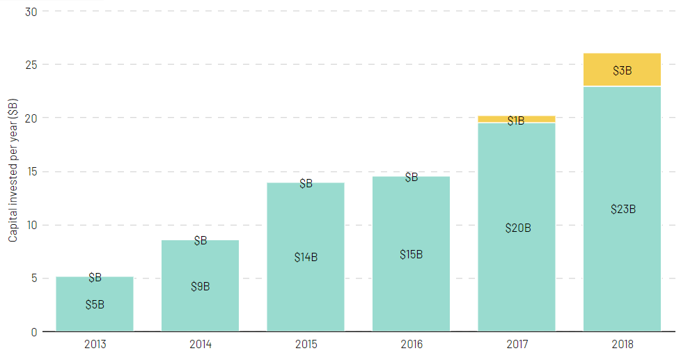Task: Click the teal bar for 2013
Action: coord(95,320)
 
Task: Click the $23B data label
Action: coord(623,209)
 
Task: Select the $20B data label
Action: coord(517,228)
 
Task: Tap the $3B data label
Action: coord(622,70)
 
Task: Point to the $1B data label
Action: coord(516,121)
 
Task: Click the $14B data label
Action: coord(306,257)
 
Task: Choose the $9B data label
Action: coord(201,286)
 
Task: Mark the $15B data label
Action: coord(411,254)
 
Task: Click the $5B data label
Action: coord(95,304)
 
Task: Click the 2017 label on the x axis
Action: coord(517,344)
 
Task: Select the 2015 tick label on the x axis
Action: coord(306,344)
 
